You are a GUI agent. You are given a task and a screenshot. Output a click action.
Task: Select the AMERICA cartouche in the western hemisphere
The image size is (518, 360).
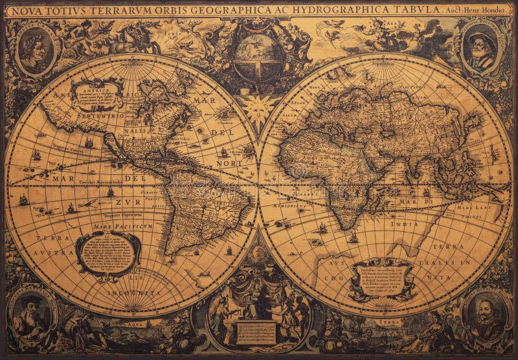pos(98,95)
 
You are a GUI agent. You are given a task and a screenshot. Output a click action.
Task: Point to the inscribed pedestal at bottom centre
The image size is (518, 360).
pos(257,332)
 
